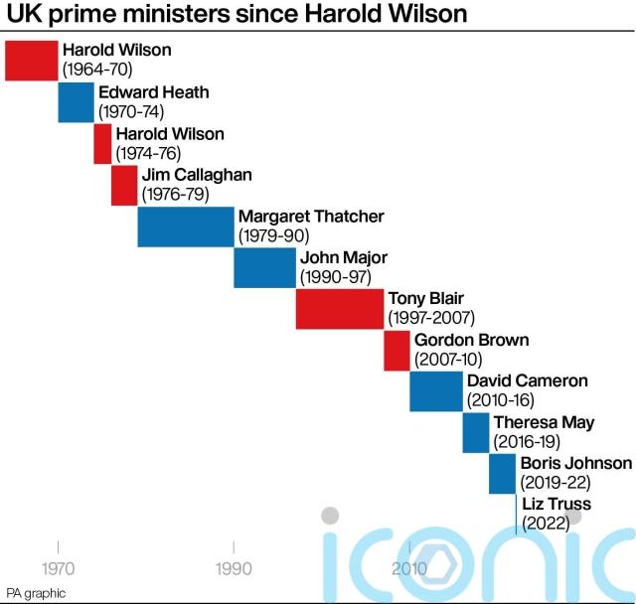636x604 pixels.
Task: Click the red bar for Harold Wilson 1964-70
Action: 31,61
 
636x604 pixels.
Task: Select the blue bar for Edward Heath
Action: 76,102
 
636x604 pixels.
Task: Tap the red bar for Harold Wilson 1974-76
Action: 102,144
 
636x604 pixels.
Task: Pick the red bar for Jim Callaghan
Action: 124,186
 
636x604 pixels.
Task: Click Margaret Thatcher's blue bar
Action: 186,226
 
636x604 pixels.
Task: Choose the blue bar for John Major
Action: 264,268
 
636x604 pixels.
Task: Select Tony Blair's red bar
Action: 339,309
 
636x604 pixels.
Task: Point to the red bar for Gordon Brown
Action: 397,351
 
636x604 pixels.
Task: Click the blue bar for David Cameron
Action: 436,391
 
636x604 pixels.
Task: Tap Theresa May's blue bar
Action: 476,433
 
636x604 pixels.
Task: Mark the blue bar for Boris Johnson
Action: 502,474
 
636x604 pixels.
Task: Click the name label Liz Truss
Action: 556,505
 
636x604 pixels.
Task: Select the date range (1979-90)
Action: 274,235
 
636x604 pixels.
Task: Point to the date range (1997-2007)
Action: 431,318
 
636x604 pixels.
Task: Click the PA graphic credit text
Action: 36,593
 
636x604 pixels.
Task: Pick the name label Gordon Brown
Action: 471,340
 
